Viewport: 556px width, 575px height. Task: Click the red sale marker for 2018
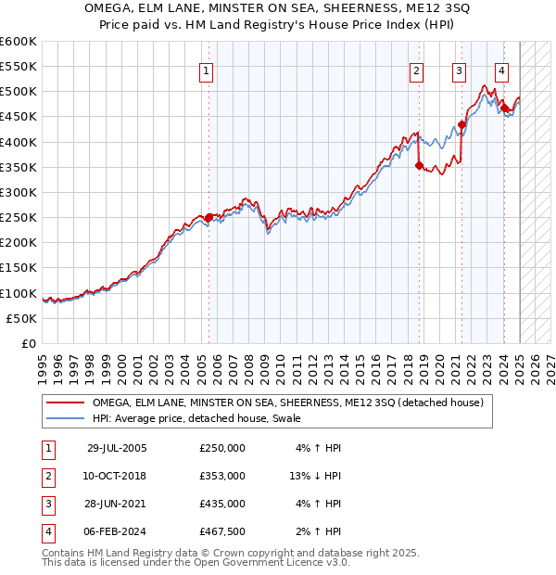[x=420, y=166]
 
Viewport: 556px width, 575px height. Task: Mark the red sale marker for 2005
[x=208, y=218]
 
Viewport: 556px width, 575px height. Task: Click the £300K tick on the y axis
[x=19, y=192]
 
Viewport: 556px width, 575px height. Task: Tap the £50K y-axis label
[x=22, y=318]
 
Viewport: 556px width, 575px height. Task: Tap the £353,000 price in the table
[x=222, y=476]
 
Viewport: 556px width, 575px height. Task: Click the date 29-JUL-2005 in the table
[x=117, y=448]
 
